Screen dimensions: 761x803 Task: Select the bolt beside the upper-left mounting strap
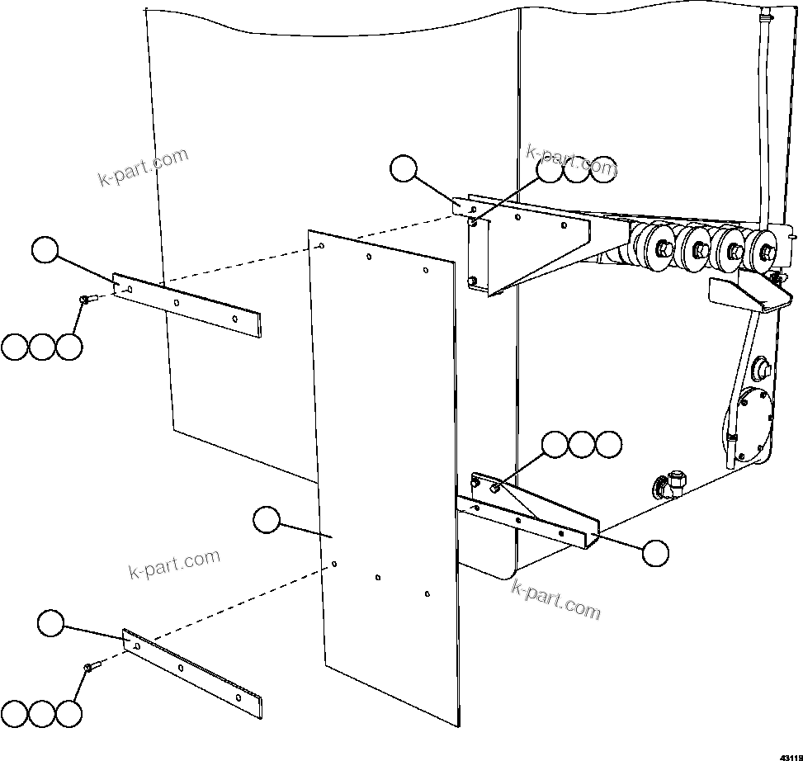(x=85, y=300)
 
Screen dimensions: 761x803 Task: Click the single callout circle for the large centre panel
(x=266, y=520)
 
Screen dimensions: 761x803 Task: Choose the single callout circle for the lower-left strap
(x=51, y=623)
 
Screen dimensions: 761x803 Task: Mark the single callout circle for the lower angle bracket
(x=656, y=553)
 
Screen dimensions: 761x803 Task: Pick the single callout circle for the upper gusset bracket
(x=404, y=168)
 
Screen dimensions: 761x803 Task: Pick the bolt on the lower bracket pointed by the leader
(x=494, y=489)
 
